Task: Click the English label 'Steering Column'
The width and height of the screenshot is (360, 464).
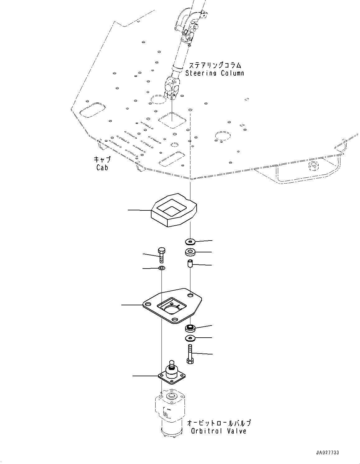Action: (x=215, y=73)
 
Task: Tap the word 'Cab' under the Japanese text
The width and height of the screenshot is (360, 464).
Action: (x=102, y=167)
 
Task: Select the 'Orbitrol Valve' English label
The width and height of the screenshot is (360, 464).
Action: (x=219, y=431)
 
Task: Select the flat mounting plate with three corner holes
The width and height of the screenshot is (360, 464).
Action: (x=173, y=307)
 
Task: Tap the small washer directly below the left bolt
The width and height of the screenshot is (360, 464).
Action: (x=161, y=268)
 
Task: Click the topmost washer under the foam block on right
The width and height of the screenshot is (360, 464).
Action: (x=190, y=241)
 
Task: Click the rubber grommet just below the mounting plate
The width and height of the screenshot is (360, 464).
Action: (x=190, y=328)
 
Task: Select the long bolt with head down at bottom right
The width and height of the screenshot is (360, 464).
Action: (x=190, y=354)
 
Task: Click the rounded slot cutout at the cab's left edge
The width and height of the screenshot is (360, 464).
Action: (x=92, y=110)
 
